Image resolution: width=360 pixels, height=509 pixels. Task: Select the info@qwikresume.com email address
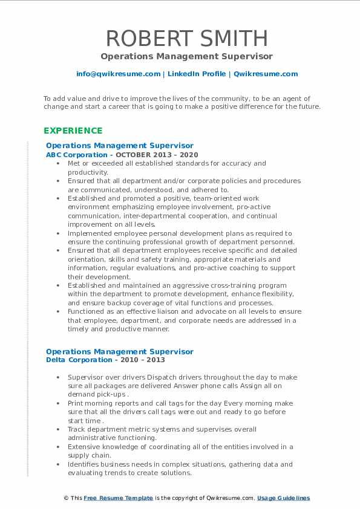coord(118,74)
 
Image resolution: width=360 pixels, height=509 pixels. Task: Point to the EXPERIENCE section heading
coord(73,131)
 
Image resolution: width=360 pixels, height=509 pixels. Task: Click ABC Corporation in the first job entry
coord(68,155)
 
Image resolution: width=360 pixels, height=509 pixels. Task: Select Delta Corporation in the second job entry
coord(70,360)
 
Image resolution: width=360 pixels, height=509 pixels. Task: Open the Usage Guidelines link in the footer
coord(283,498)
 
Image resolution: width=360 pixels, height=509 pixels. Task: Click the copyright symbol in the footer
coord(65,498)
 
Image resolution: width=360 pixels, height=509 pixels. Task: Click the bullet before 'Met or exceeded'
coord(57,163)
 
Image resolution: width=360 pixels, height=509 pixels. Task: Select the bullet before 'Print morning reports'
coord(57,403)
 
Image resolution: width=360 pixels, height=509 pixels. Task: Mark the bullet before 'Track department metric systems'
coord(57,429)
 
